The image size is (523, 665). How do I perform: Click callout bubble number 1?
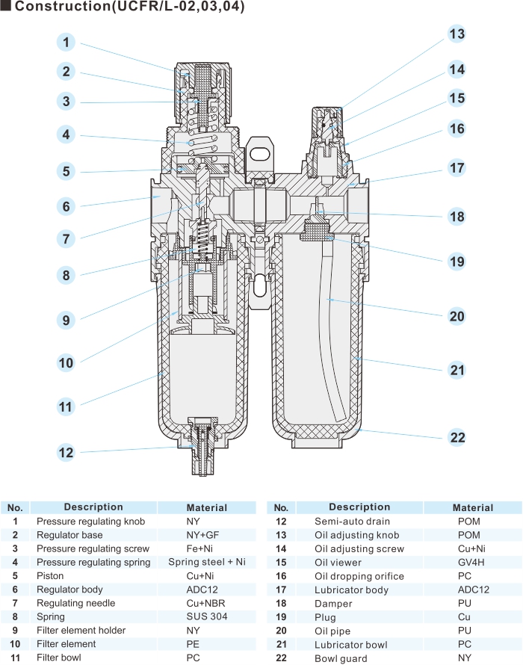tap(66, 43)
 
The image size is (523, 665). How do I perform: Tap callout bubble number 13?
tap(457, 34)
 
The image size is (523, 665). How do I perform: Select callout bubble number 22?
tap(457, 438)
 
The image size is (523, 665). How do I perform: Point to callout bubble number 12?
tap(66, 452)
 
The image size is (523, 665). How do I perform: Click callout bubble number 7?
tap(66, 239)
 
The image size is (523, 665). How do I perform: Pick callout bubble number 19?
tap(457, 262)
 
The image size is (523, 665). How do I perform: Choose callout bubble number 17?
tap(457, 167)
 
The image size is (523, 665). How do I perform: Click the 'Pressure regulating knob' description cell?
tap(90, 522)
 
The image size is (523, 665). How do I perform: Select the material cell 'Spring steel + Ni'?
tap(206, 562)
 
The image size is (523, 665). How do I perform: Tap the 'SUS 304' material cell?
tap(206, 616)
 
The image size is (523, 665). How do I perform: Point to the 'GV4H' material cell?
tap(472, 562)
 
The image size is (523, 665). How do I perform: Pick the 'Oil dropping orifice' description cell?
tap(359, 576)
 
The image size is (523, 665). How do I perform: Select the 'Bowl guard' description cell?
tap(341, 658)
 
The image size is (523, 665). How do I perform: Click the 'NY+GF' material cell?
tap(206, 535)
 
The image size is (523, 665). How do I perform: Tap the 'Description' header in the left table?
tap(93, 507)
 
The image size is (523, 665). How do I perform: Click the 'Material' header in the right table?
tap(472, 507)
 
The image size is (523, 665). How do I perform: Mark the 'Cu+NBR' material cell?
tap(206, 603)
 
